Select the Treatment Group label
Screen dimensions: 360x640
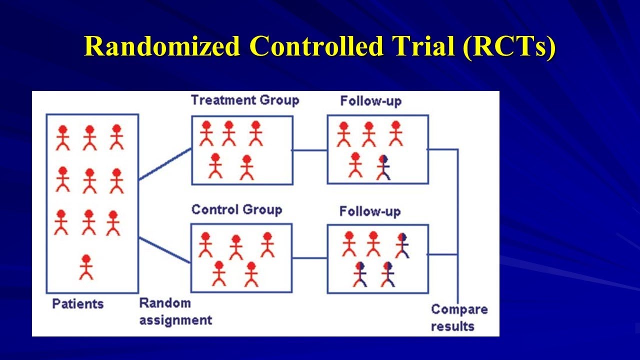point(245,100)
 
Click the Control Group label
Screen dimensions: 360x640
point(236,209)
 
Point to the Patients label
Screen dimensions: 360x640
point(78,303)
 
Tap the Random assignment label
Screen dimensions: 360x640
point(175,311)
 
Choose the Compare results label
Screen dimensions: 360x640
point(459,317)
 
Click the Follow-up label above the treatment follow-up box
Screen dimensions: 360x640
point(370,101)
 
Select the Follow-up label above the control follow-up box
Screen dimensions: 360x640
point(370,211)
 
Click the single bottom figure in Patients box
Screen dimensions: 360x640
point(86,267)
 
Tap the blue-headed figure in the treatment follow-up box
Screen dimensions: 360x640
point(383,167)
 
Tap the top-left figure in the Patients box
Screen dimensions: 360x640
point(62,137)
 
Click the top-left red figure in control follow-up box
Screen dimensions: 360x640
point(349,244)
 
